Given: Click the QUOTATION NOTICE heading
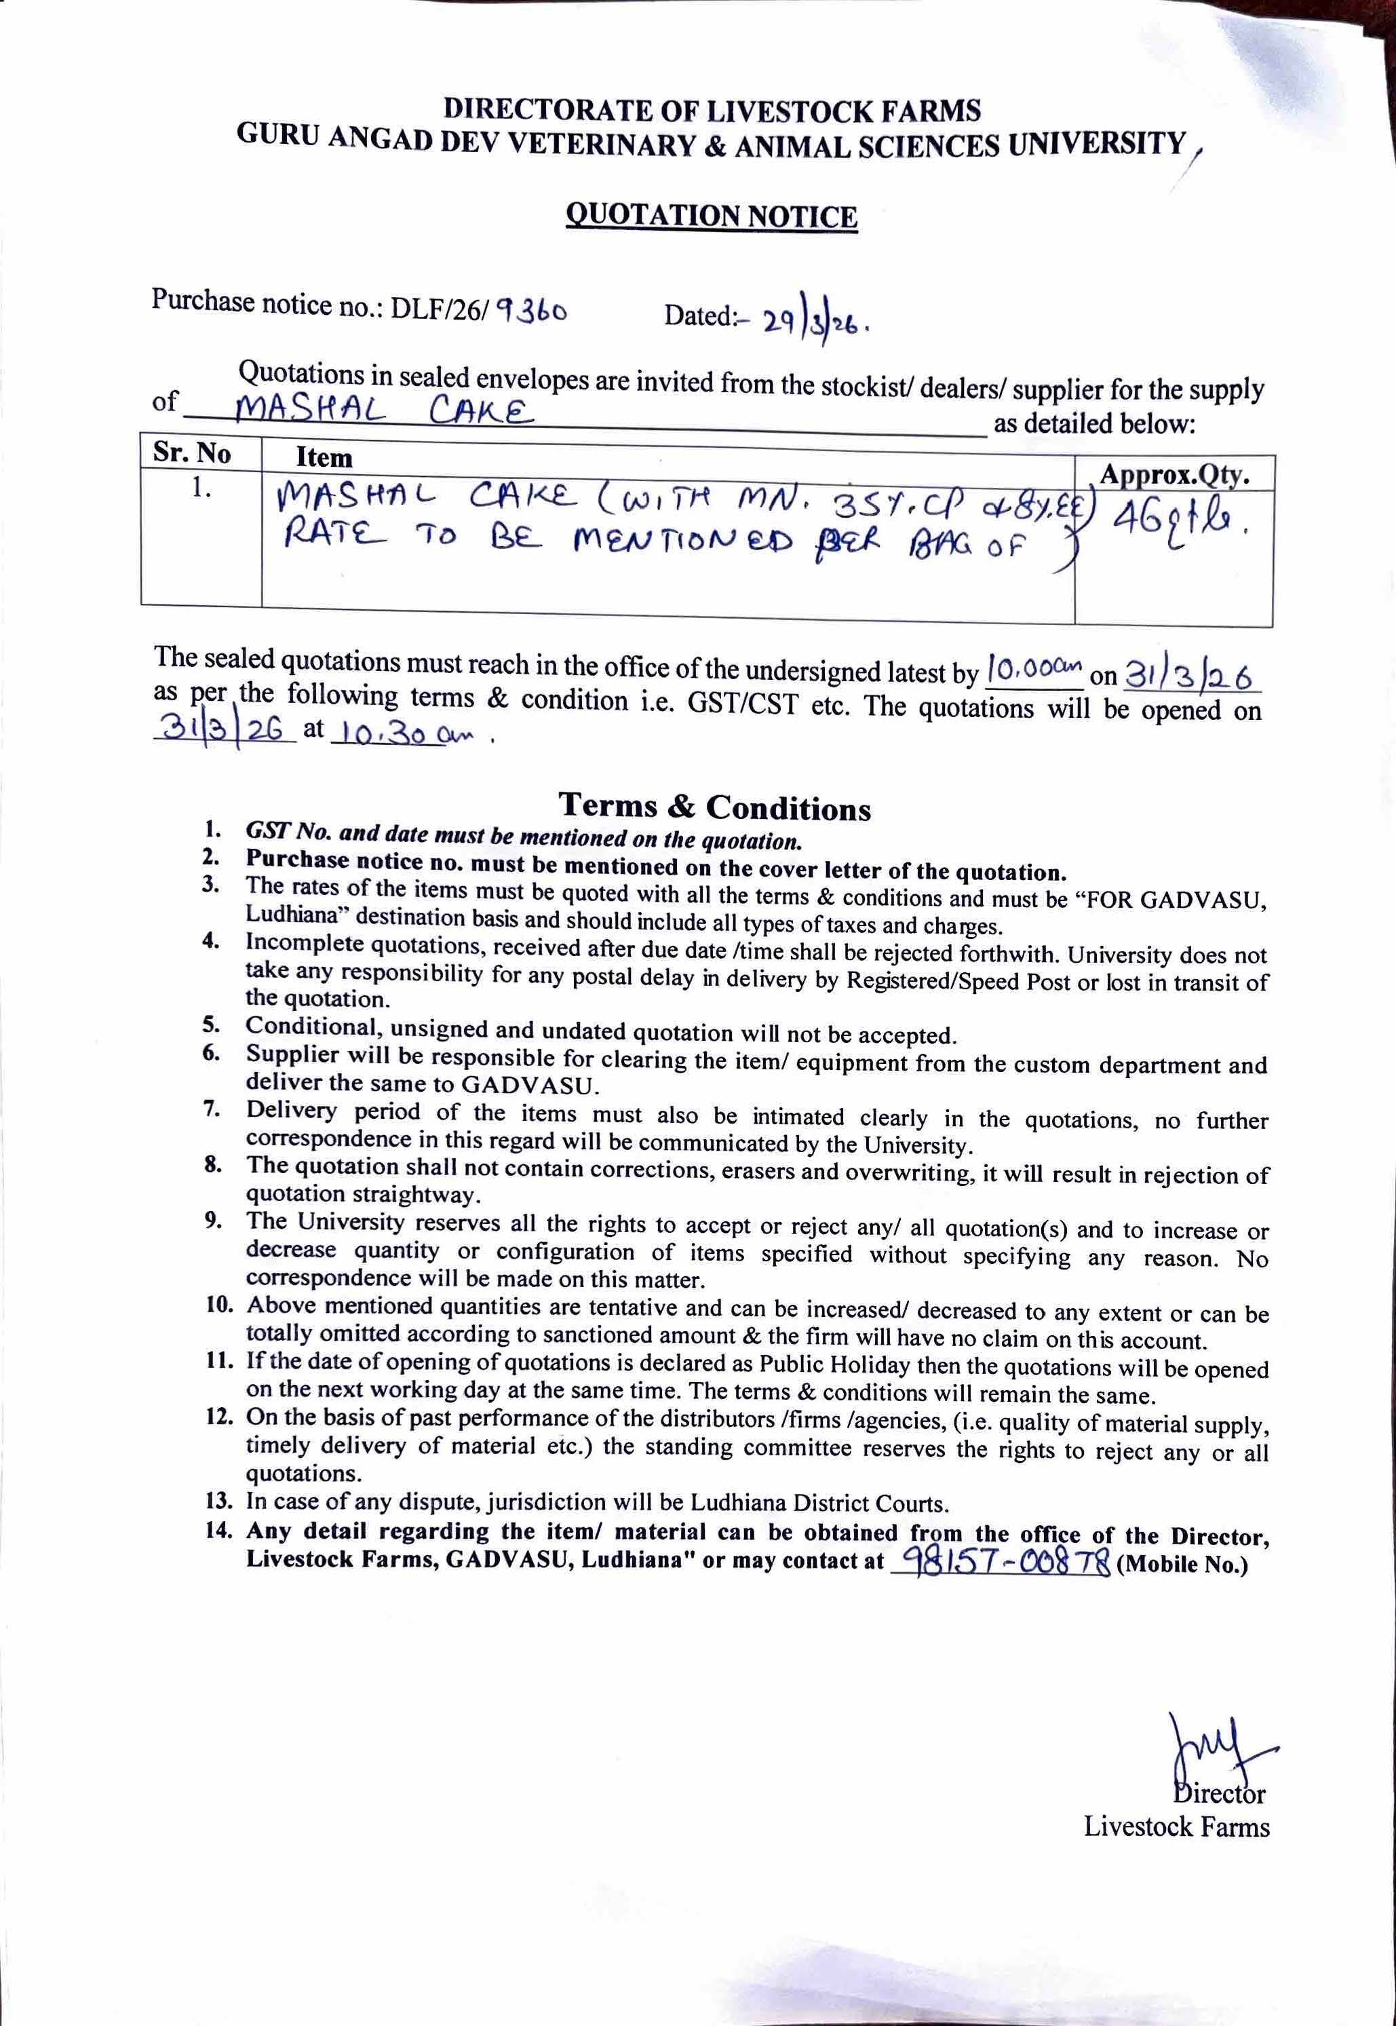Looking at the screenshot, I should tap(712, 215).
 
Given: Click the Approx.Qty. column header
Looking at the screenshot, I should tap(1174, 475).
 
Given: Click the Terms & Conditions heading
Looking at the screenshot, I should tap(715, 807).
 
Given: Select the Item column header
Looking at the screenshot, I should tap(324, 457).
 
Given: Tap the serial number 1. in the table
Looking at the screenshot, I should tap(202, 488).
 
